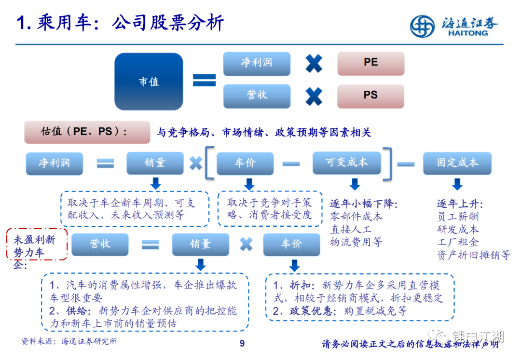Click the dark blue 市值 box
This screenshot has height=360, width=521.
[149, 82]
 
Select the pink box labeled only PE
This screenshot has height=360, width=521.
[371, 63]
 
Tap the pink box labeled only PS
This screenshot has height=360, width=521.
[370, 96]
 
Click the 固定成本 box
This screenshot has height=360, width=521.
[457, 163]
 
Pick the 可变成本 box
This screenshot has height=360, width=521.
[346, 163]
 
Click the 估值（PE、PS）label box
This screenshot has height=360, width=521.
[87, 132]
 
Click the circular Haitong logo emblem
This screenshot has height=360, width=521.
[422, 26]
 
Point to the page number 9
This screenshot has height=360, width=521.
[242, 344]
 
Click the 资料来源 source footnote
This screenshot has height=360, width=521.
[69, 341]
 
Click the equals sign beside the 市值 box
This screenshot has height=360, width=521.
[205, 80]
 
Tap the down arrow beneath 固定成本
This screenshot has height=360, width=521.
[457, 184]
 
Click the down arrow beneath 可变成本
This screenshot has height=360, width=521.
[355, 184]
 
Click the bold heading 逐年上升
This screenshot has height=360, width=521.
[460, 204]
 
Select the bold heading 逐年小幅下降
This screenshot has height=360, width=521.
[364, 204]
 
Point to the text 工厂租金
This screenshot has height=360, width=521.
[458, 242]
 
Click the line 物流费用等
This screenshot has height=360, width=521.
[356, 242]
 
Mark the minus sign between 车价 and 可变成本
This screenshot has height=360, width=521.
[291, 164]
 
